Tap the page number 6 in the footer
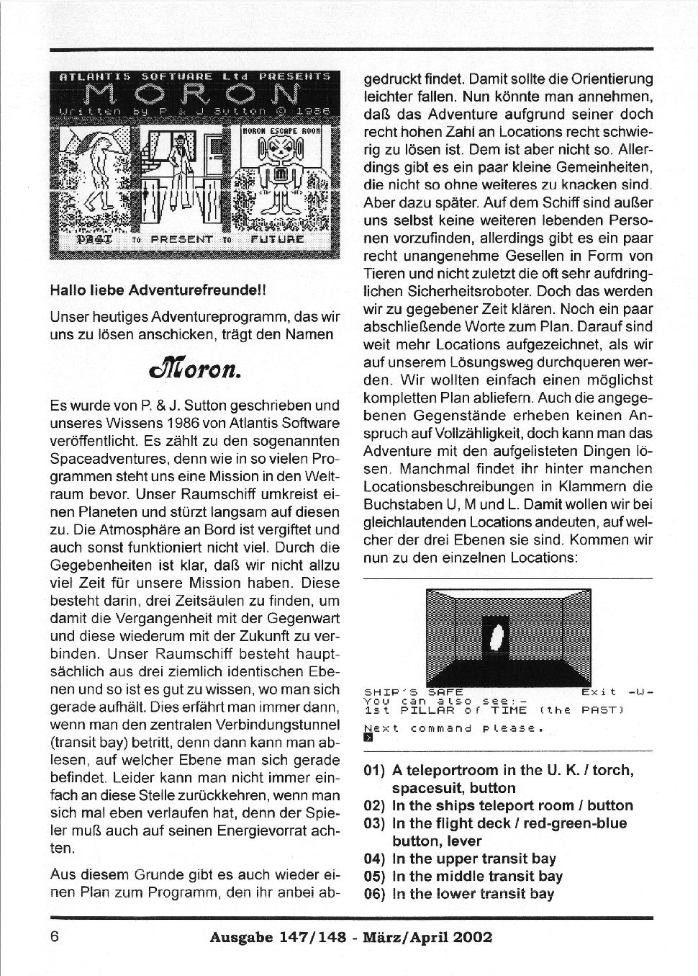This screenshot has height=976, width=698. point(55,937)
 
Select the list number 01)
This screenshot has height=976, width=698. point(375,771)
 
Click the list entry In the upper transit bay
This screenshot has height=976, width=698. point(474,859)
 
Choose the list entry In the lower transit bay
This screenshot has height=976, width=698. point(473,894)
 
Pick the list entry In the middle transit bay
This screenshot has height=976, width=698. point(477,877)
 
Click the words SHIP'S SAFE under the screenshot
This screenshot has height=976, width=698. point(413,691)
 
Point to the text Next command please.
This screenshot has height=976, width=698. point(453,727)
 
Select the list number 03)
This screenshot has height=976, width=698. point(375,823)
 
